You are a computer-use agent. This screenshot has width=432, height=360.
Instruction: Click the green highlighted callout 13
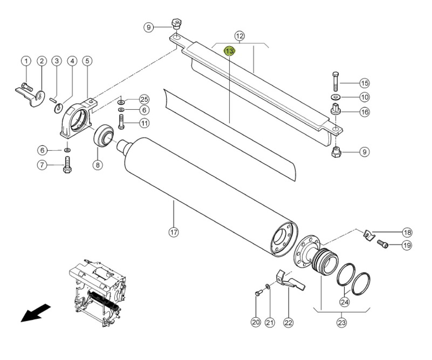(x=230, y=51)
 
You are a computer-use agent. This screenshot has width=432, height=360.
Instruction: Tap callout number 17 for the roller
(x=174, y=232)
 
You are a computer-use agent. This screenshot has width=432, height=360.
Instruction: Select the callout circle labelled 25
(x=144, y=99)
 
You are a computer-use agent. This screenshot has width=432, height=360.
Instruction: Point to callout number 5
(x=87, y=61)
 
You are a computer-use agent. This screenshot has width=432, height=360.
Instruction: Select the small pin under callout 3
(x=53, y=100)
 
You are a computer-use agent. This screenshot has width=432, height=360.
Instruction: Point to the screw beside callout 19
(x=382, y=244)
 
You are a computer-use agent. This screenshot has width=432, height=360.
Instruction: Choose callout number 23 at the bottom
(x=342, y=322)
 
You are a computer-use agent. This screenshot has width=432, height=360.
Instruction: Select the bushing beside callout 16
(x=336, y=109)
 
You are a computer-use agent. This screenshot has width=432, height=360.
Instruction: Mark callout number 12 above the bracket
(x=240, y=36)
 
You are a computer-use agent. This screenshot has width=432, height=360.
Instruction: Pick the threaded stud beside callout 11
(x=121, y=122)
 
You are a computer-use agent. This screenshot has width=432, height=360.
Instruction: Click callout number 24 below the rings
(x=345, y=302)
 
